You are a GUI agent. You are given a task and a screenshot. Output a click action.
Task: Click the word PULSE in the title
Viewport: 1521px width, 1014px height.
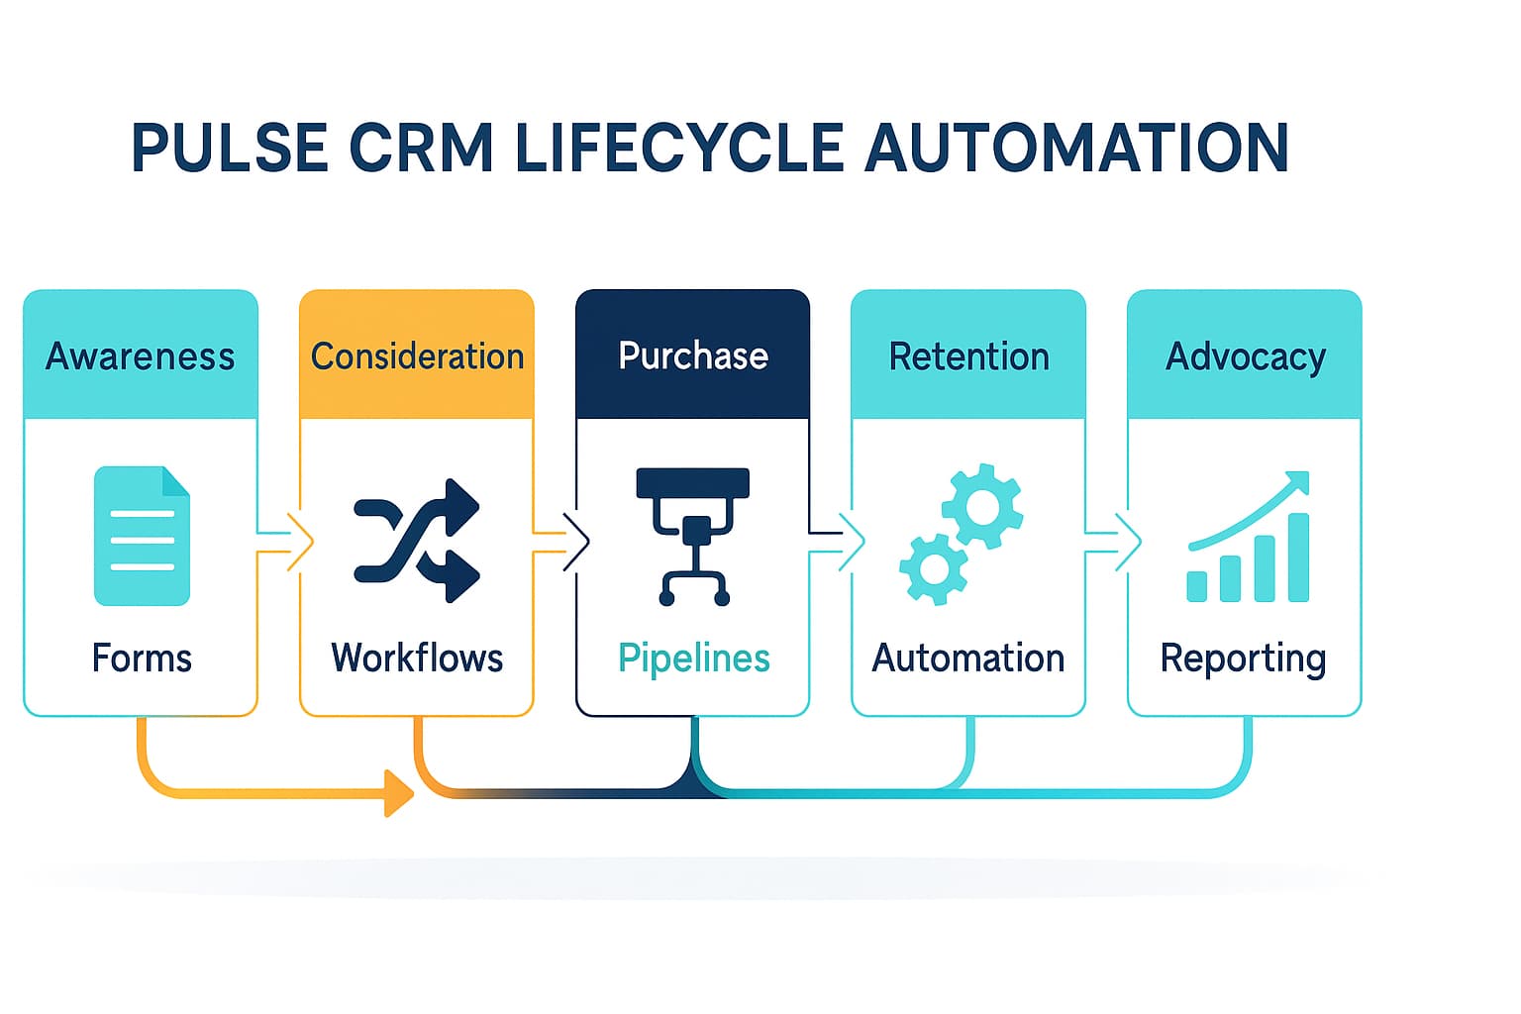tap(230, 149)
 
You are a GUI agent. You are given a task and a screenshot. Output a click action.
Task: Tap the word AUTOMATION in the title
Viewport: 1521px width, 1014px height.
tap(1076, 149)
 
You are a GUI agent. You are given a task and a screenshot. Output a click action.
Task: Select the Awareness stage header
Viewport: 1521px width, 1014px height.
tap(141, 355)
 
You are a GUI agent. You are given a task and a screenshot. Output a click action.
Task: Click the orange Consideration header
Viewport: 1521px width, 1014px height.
tap(417, 355)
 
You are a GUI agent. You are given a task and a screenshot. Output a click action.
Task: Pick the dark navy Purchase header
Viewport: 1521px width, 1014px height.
tap(693, 355)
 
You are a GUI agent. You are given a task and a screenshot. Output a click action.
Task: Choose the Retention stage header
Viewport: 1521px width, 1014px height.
tap(968, 355)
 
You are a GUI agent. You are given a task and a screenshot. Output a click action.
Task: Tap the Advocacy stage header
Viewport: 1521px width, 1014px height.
tap(1245, 355)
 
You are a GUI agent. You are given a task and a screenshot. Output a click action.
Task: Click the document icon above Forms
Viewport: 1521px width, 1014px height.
tap(142, 536)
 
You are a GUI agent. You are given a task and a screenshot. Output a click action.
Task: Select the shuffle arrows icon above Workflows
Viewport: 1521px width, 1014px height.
tap(417, 541)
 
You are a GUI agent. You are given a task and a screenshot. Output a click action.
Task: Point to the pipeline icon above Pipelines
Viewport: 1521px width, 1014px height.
tap(693, 535)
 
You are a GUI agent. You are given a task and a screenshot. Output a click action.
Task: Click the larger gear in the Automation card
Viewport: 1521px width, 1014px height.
tap(982, 506)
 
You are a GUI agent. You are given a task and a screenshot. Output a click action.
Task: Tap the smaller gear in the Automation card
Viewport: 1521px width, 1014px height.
tap(934, 568)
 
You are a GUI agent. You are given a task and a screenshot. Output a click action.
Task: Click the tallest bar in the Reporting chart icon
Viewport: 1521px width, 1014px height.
tap(1297, 557)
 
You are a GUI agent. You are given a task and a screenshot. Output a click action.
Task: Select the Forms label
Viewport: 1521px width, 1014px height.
tap(142, 658)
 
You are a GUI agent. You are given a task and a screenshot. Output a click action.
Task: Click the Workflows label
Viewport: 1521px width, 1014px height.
tap(417, 658)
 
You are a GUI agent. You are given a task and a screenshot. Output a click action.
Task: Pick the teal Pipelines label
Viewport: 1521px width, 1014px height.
tap(693, 658)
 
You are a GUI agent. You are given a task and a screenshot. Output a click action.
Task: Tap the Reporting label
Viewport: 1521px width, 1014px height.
tap(1244, 659)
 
